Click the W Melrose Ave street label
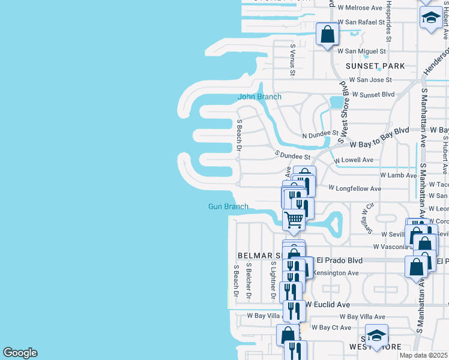pos(360,8)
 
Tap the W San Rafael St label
pos(361,22)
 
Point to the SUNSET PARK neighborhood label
pos(375,66)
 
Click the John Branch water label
pos(259,97)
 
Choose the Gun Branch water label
pos(228,206)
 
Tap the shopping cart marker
pos(294,220)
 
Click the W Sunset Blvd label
pos(373,95)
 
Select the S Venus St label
pos(292,60)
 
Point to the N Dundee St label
pos(320,136)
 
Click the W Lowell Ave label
pos(354,160)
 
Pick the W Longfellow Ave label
pos(355,188)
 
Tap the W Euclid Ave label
pos(327,305)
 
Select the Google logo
pos(20,353)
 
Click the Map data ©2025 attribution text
pos(424,355)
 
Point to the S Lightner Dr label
pos(273,281)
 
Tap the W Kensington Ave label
pos(336,273)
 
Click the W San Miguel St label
pos(361,52)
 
